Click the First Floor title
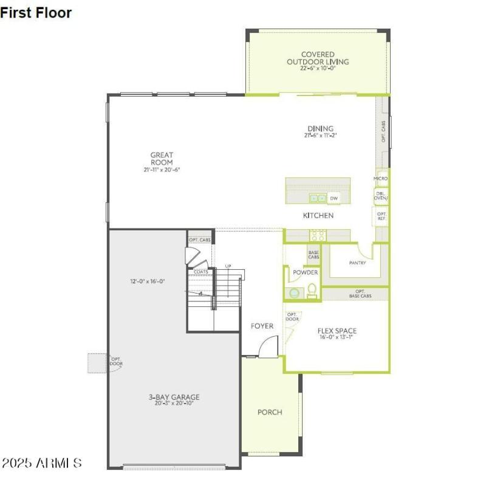point(36,12)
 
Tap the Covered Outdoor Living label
point(318,58)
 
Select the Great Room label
point(162,159)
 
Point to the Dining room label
point(320,128)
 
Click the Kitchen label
point(318,216)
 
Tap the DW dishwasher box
point(334,198)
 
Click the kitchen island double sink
point(318,198)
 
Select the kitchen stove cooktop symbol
point(317,235)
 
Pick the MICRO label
point(381,179)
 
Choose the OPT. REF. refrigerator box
point(382,216)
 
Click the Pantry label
point(357,263)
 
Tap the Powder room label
point(306,273)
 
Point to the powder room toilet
point(312,291)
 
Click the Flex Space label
point(337,331)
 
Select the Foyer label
point(262,326)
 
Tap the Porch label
point(270,412)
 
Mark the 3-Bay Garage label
point(174,397)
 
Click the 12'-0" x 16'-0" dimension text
point(148,281)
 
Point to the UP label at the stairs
point(228,266)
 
